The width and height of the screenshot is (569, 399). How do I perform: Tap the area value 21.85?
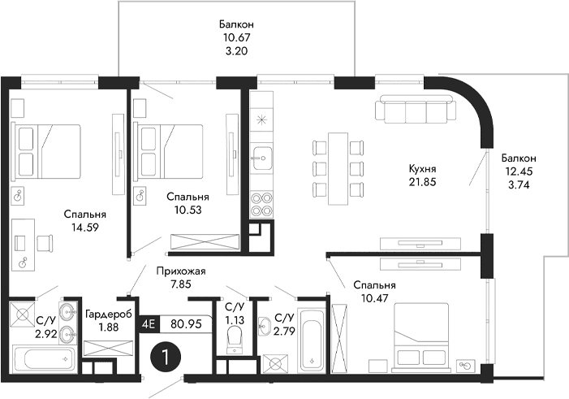(x=423, y=182)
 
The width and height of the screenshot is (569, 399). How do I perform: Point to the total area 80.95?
(x=186, y=323)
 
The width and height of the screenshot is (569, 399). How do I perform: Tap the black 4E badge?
(x=149, y=323)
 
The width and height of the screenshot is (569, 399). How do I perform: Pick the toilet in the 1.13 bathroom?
(x=235, y=338)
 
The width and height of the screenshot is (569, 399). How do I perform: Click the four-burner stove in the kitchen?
(x=262, y=202)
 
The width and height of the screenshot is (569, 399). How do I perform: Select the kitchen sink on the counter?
(x=262, y=154)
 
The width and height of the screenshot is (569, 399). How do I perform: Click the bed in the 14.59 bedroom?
(x=48, y=150)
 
